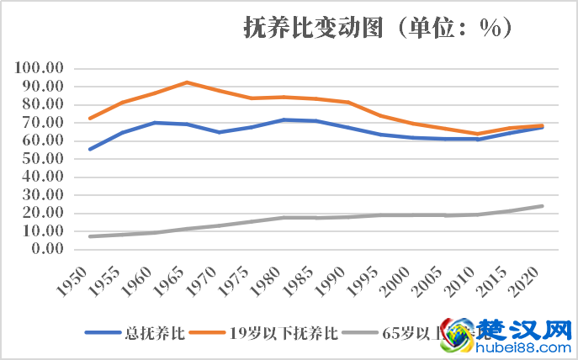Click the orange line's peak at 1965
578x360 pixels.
click(x=187, y=82)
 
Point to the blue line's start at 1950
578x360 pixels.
click(x=90, y=149)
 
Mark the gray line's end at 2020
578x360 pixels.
click(x=543, y=206)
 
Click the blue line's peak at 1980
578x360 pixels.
click(x=284, y=119)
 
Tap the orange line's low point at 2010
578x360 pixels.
click(x=478, y=134)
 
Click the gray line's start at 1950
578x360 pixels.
click(x=90, y=236)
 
